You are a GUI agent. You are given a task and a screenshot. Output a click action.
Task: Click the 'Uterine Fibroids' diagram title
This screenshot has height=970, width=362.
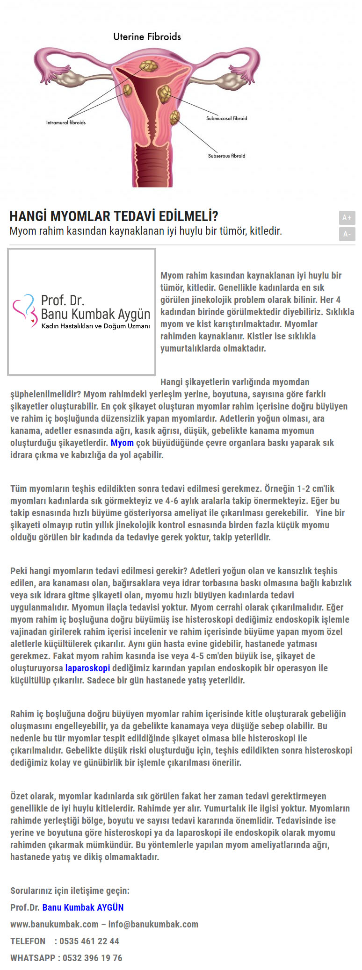(147, 36)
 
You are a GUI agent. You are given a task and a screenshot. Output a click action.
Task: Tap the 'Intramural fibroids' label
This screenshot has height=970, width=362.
(65, 122)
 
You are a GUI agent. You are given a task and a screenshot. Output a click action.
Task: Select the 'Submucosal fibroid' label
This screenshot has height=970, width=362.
(226, 118)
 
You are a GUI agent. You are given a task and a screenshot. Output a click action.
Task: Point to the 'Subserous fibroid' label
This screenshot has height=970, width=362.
(226, 156)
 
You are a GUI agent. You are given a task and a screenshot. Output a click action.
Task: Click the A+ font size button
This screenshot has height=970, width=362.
(347, 217)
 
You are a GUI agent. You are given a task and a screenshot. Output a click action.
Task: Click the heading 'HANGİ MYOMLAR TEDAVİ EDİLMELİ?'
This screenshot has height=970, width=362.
(114, 216)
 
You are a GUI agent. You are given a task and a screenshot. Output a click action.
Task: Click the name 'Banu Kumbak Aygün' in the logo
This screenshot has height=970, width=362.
(95, 314)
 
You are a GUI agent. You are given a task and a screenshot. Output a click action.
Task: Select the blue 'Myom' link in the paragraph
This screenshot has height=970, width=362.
(122, 443)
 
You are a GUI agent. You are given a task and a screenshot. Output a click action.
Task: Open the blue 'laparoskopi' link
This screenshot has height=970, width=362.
(87, 668)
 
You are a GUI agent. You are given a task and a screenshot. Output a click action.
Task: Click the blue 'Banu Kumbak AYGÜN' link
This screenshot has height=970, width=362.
(83, 907)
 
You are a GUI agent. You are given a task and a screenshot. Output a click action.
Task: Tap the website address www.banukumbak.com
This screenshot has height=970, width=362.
(54, 924)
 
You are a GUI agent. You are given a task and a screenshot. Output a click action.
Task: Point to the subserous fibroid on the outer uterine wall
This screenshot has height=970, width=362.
(175, 117)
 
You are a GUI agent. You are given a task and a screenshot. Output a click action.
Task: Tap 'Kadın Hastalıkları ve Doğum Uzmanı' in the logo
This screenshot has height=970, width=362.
(95, 326)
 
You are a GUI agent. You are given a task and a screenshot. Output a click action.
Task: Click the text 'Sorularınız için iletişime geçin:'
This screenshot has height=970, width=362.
(70, 891)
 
